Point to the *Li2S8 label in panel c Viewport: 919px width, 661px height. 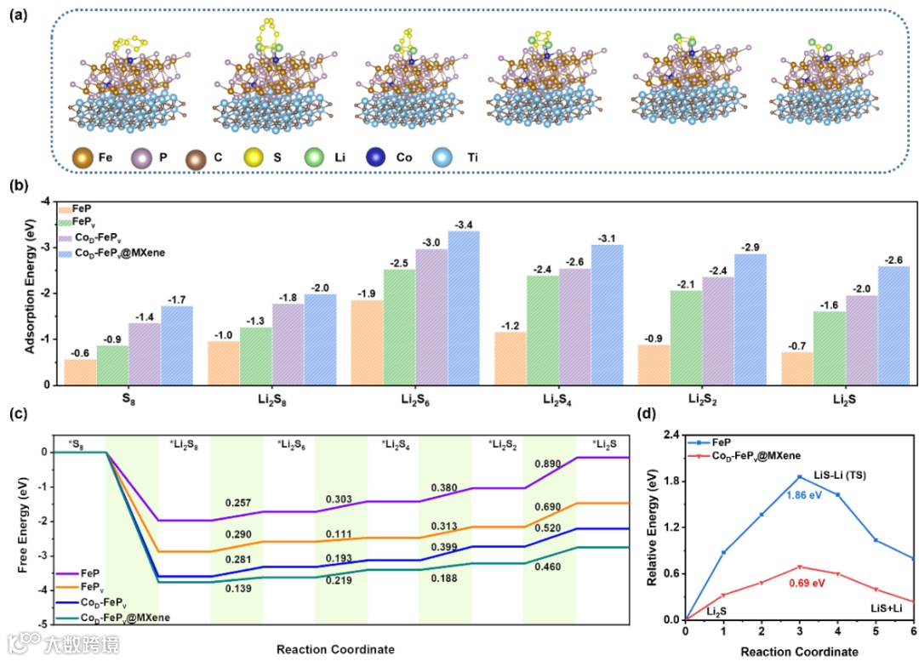tap(185, 443)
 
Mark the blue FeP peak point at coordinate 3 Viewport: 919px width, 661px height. tap(801, 476)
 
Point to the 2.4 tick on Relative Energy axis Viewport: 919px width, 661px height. tap(671, 435)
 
